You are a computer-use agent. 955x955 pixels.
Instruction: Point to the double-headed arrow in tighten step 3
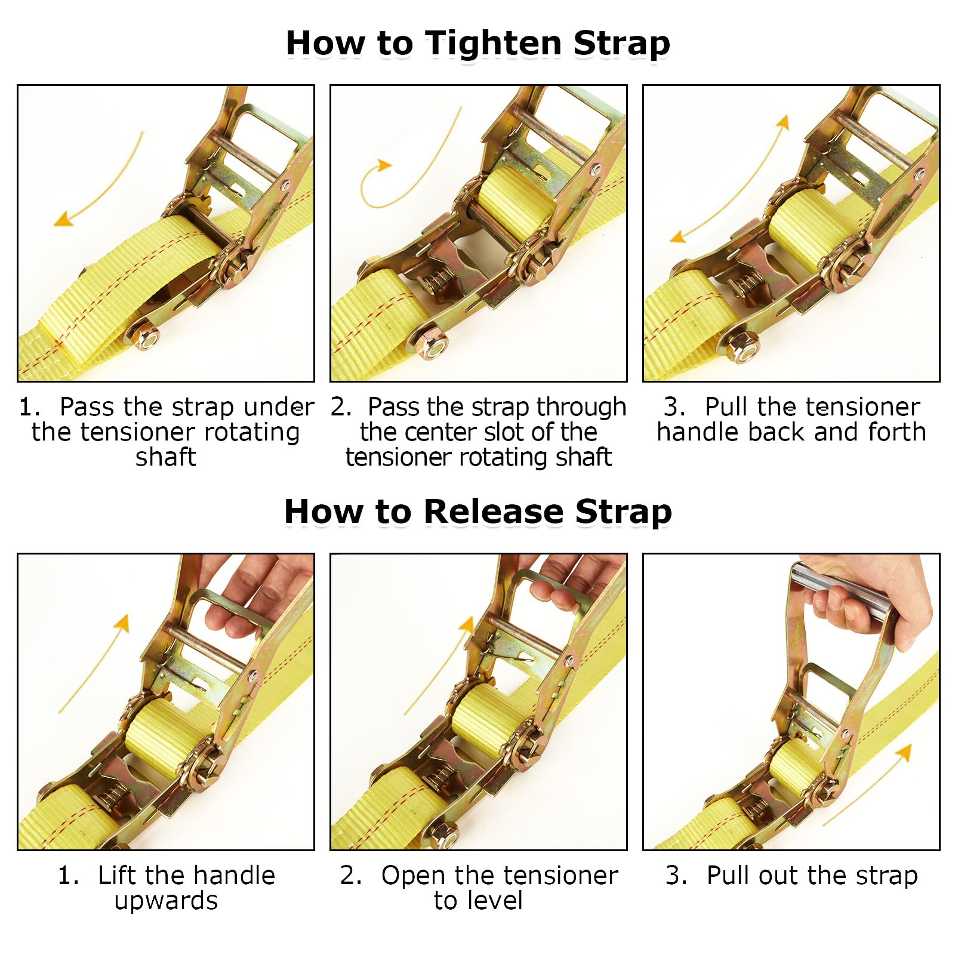click(729, 179)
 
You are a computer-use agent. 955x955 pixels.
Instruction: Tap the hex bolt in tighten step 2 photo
click(428, 344)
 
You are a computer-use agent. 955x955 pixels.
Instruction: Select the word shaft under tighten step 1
click(165, 457)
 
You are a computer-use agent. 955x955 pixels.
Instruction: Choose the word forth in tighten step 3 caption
click(897, 432)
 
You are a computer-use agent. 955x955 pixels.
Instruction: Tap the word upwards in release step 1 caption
click(166, 901)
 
